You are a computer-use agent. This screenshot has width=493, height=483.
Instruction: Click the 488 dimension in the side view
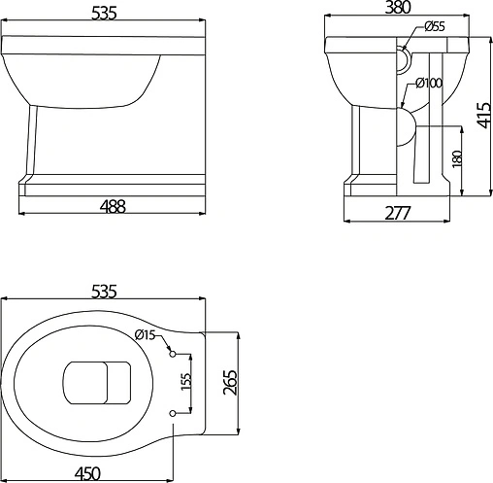coord(113,206)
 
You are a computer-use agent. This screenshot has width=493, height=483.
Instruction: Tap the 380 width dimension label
coord(398,7)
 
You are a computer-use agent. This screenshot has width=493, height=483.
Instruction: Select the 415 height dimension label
coord(484,116)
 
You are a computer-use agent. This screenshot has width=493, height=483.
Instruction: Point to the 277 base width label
coord(398,213)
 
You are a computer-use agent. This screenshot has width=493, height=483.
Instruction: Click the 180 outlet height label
coord(457,158)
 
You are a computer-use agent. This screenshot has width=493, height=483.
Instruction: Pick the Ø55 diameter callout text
coord(435,26)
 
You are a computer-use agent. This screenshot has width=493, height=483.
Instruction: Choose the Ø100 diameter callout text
coord(429,83)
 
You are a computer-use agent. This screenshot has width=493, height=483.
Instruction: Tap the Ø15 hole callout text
coord(146,334)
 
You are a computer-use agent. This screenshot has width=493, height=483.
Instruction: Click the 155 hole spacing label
coord(186,382)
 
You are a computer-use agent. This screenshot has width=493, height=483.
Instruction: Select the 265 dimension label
coord(230,382)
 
